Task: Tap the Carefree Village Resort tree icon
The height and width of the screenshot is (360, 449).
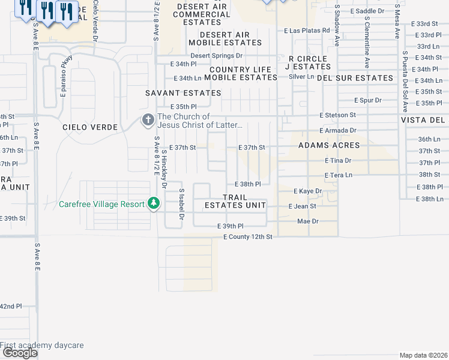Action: [154, 204]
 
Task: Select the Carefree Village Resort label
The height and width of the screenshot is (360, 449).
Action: [102, 204]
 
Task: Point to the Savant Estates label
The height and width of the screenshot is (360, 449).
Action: [184, 93]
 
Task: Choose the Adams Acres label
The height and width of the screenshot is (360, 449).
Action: [330, 145]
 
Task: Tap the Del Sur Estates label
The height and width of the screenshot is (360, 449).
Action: [355, 78]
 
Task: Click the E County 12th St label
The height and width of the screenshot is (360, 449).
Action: [248, 237]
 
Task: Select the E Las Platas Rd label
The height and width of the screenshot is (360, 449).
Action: [307, 30]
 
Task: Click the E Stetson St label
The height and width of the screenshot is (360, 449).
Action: [338, 115]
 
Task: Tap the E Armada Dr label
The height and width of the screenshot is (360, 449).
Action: [338, 130]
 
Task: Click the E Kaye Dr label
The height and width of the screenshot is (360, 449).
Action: [308, 191]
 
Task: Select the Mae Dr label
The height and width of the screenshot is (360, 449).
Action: [307, 221]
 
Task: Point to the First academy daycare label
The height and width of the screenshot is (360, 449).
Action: [42, 345]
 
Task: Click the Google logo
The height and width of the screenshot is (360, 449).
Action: [20, 353]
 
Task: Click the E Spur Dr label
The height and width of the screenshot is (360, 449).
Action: [368, 100]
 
